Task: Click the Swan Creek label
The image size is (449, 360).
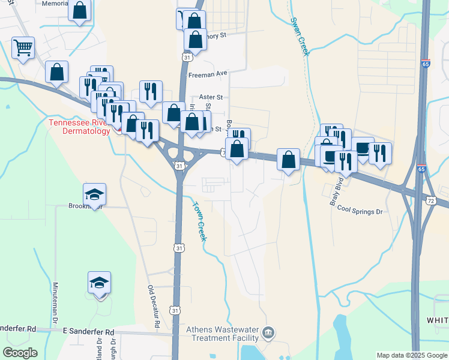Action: click(300, 36)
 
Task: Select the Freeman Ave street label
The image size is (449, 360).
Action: click(208, 74)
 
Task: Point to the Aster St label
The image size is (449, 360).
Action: click(211, 97)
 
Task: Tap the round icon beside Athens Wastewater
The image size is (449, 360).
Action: click(268, 332)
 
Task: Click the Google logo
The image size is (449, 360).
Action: click(20, 353)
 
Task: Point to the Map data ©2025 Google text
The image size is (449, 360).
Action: click(411, 355)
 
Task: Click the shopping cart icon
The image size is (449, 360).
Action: click(23, 48)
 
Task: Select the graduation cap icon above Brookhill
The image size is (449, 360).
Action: click(94, 194)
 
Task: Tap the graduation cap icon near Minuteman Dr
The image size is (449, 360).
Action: click(100, 282)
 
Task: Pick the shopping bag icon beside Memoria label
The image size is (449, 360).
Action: click(80, 10)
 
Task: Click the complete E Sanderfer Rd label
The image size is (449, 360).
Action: click(89, 332)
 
